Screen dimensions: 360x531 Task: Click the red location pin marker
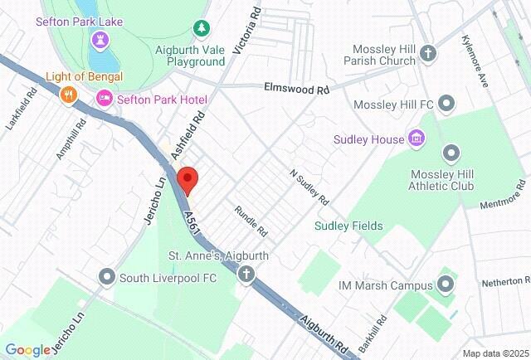point(188,180)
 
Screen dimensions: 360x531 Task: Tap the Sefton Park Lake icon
point(100,39)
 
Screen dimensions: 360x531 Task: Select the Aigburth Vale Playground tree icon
point(201,29)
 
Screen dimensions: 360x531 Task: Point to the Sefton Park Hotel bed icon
point(105,99)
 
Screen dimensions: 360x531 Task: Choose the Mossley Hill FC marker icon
point(447,104)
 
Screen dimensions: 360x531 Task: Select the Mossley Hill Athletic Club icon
point(451,153)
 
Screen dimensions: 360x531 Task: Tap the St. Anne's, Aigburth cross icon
point(246,275)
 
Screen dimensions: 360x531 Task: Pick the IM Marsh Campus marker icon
point(446,285)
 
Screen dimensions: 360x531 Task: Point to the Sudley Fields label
point(348,226)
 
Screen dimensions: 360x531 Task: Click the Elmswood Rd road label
point(296,87)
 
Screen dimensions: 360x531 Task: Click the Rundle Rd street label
point(250,219)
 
